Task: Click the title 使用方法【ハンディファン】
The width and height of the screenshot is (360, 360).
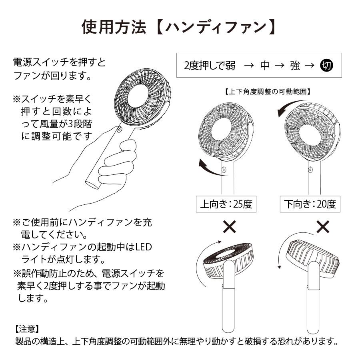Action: click(180, 27)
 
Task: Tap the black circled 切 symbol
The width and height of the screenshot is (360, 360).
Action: click(326, 66)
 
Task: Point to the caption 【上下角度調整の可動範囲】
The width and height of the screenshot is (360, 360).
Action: click(268, 91)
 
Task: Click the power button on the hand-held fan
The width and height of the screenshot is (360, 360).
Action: click(119, 129)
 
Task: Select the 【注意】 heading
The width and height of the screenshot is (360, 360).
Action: click(26, 329)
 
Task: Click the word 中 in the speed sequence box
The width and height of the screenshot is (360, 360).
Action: click(265, 66)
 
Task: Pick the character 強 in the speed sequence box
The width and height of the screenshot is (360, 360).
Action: click(295, 66)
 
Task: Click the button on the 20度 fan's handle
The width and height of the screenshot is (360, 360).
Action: click(310, 170)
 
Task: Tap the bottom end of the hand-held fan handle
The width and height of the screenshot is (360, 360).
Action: click(92, 184)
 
